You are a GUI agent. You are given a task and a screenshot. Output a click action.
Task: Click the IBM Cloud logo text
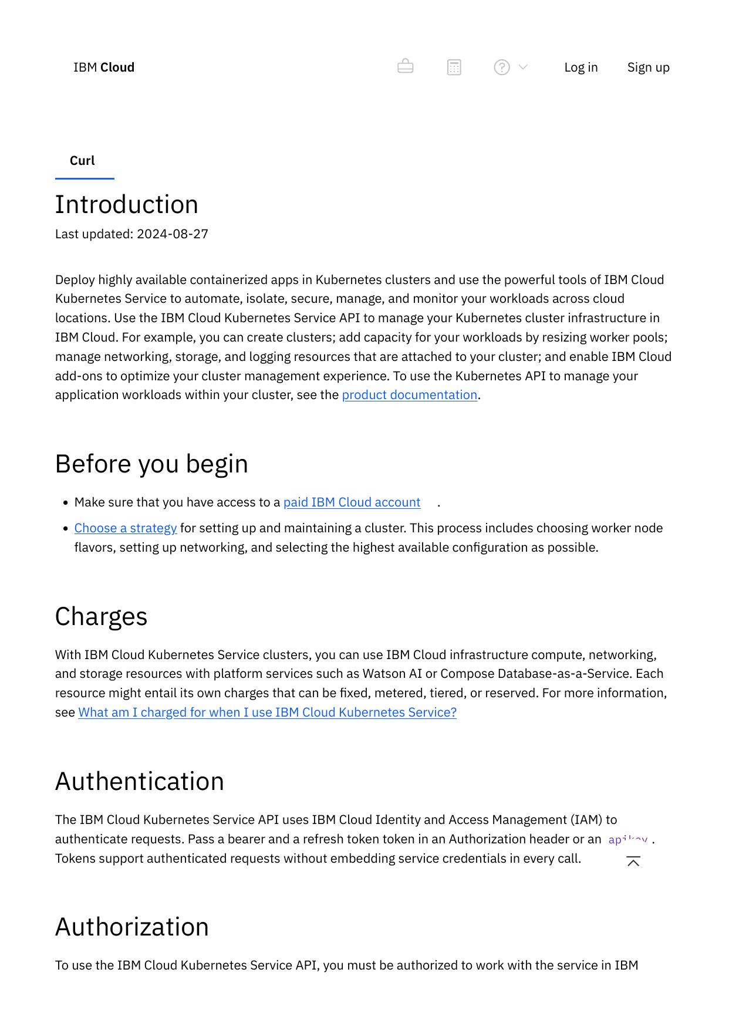point(104,67)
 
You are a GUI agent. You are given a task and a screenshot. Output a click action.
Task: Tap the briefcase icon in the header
point(406,67)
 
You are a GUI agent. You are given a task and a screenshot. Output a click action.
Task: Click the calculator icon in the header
point(454,67)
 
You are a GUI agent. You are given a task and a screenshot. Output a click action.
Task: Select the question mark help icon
point(502,67)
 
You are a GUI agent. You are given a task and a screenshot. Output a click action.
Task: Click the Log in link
point(581,67)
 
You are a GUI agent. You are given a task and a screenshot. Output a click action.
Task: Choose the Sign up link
point(649,67)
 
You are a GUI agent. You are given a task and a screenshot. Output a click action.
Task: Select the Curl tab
point(82,161)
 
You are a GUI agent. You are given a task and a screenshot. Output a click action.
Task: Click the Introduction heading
point(127,205)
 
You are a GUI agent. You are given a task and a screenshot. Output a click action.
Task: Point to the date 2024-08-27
point(173,234)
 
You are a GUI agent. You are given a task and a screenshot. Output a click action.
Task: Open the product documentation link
point(410,395)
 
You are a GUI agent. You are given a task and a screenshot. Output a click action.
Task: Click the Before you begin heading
point(151,464)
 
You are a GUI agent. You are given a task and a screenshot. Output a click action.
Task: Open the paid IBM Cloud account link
point(352,502)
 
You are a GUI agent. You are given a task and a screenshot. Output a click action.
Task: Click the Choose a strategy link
point(126,528)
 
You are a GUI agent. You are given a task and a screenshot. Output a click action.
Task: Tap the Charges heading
point(101,617)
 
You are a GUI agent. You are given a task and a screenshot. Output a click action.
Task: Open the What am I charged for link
point(267,712)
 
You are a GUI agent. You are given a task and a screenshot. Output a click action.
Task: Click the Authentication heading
point(140,782)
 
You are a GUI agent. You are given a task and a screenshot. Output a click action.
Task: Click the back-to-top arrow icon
point(633,862)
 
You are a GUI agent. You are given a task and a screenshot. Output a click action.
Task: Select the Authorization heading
point(132,927)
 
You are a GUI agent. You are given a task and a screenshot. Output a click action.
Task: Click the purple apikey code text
point(628,840)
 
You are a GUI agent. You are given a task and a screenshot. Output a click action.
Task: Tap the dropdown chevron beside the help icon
point(524,67)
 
